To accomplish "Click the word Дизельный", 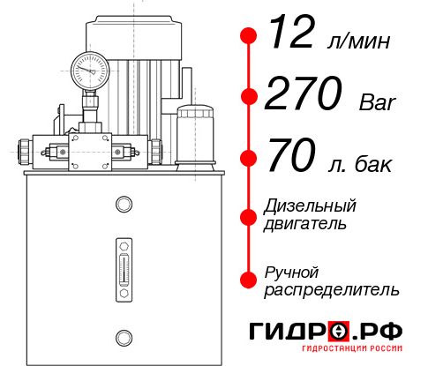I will [x=311, y=206].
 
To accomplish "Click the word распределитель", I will [x=332, y=289].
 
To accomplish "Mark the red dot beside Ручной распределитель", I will [x=249, y=280].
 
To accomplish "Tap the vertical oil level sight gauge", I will [x=123, y=264].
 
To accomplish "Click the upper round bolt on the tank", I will [x=123, y=205].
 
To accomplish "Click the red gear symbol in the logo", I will [x=339, y=332].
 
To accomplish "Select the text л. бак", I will [x=364, y=164].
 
